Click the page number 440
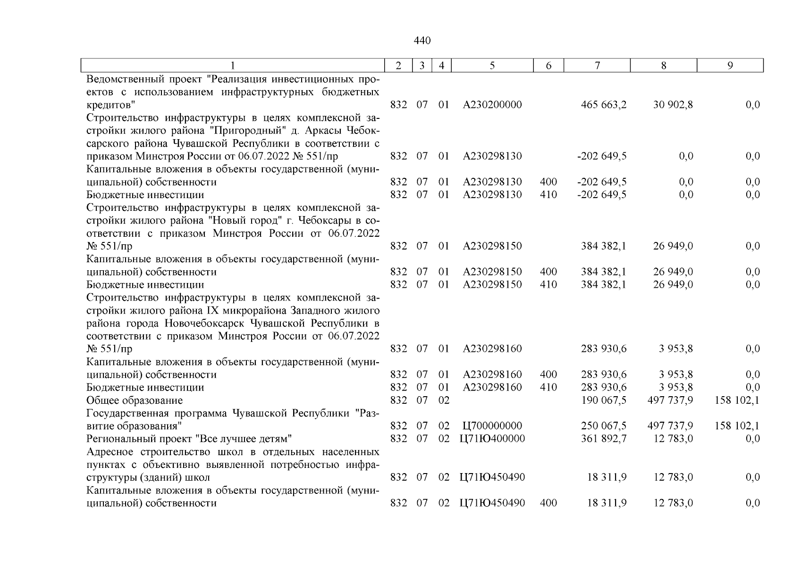tap(422, 41)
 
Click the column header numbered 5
tap(492, 66)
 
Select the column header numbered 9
tap(730, 66)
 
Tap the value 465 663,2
tap(604, 105)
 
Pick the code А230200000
tap(492, 105)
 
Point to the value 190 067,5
tap(604, 400)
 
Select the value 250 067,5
tap(604, 426)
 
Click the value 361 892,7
tap(604, 439)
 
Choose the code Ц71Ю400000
tap(492, 439)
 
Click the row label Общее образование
tap(135, 400)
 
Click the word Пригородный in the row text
tap(245, 130)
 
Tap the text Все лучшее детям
tap(244, 439)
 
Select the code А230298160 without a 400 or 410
tap(492, 349)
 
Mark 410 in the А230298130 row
tap(548, 195)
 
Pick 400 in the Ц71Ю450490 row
tap(548, 503)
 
